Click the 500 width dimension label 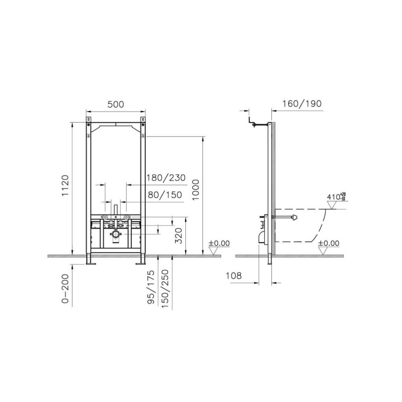116,105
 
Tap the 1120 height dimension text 65,185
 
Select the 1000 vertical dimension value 195,190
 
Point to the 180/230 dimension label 166,178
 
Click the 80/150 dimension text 165,195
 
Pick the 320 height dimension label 178,236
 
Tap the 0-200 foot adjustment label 65,288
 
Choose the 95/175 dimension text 151,287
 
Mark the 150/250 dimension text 165,288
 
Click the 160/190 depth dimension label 302,104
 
